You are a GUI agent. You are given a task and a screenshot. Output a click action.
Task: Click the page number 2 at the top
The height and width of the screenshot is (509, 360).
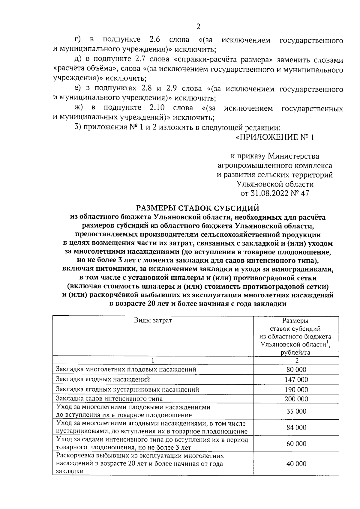pyautogui.click(x=198, y=27)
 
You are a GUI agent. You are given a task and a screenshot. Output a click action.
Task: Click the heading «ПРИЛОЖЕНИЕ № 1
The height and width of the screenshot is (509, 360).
pyautogui.click(x=275, y=138)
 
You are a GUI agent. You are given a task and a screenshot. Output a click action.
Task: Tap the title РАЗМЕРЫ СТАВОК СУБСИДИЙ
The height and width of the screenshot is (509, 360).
pyautogui.click(x=198, y=208)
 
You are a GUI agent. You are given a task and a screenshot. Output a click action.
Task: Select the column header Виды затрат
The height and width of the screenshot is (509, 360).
pyautogui.click(x=153, y=320)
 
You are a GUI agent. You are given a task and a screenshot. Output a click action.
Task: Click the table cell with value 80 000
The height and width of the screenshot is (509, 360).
pyautogui.click(x=296, y=370)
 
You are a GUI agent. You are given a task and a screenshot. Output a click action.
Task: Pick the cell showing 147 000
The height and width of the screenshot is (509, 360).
pyautogui.click(x=296, y=380)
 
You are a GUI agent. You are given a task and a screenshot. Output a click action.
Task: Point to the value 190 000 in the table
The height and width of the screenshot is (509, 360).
pyautogui.click(x=296, y=390)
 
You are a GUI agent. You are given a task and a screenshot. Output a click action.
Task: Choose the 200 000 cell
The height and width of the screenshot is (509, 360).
pyautogui.click(x=296, y=399)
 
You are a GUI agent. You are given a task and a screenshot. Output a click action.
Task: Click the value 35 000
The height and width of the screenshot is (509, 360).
pyautogui.click(x=296, y=411)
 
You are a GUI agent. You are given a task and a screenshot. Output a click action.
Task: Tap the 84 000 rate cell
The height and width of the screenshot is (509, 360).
pyautogui.click(x=296, y=427)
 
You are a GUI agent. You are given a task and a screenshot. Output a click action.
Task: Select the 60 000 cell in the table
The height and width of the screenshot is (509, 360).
pyautogui.click(x=296, y=444)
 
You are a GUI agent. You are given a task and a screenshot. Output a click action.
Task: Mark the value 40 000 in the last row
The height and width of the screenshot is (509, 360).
pyautogui.click(x=296, y=464)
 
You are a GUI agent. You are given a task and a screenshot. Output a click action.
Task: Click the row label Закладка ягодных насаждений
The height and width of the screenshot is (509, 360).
pyautogui.click(x=103, y=380)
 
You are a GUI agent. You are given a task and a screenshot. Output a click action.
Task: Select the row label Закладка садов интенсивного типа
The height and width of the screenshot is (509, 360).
pyautogui.click(x=109, y=399)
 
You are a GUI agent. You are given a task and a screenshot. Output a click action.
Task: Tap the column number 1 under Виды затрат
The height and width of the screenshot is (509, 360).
pyautogui.click(x=153, y=360)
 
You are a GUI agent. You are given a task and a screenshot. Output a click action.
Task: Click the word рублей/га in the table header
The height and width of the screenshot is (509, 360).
pyautogui.click(x=295, y=353)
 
